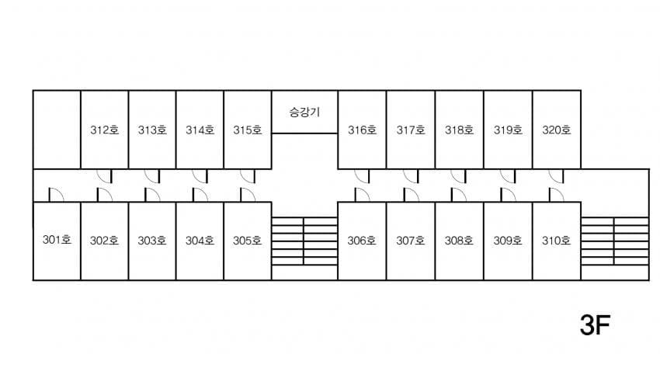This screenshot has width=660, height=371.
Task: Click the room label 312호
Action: pos(105,130)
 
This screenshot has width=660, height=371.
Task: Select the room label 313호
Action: pos(152,130)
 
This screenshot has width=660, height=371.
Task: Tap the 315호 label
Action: pos(248,130)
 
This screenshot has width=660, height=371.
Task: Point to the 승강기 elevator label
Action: pos(304,112)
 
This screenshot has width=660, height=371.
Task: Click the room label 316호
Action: pos(362,130)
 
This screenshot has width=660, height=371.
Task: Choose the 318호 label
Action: pos(459,130)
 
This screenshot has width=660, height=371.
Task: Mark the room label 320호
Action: pos(556,130)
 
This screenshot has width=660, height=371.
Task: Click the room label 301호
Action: pos(57,240)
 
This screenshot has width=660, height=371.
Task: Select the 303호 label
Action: pos(152,240)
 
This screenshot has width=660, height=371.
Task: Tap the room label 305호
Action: pos(248,240)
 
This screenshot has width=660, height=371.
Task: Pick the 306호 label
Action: pos(362,240)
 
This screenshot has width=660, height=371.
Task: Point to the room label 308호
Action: pos(459,240)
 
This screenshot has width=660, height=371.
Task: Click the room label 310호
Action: pos(556,240)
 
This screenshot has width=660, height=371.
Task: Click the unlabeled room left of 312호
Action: pos(57,129)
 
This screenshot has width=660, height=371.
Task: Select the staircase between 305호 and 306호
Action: pos(304,241)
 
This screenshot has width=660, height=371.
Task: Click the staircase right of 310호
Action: pos(614,241)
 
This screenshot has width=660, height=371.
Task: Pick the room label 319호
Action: pos(508,130)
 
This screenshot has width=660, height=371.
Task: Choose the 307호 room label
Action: pos(411,240)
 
